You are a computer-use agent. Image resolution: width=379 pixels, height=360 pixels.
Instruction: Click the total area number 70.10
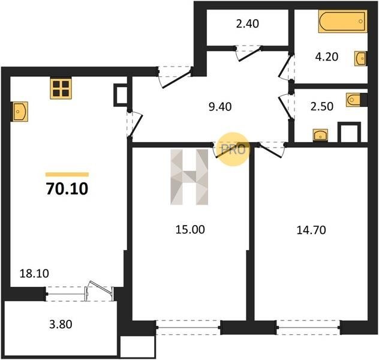click(x=67, y=189)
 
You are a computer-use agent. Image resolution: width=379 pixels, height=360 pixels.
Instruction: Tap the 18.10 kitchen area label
click(x=34, y=274)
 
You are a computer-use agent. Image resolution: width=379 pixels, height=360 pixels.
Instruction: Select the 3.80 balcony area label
click(x=61, y=324)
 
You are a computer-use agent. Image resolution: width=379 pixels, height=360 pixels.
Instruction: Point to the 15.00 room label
click(x=190, y=229)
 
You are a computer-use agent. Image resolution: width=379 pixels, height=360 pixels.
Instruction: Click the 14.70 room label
click(x=311, y=230)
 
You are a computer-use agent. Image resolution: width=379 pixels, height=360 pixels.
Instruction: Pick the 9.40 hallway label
click(x=220, y=107)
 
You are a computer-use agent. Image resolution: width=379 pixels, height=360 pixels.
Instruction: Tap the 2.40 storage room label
click(x=248, y=23)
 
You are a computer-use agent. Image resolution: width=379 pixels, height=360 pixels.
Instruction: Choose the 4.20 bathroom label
click(x=327, y=57)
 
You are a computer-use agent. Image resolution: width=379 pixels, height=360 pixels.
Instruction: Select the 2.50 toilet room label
click(x=322, y=106)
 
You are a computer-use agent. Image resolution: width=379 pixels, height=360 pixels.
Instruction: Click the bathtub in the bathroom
click(x=343, y=21)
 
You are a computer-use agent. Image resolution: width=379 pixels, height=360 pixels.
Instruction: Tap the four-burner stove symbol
click(x=61, y=88)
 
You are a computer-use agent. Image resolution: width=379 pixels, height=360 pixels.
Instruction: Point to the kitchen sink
click(x=20, y=112)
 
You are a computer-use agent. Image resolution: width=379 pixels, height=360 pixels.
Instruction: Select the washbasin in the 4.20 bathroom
click(x=360, y=58)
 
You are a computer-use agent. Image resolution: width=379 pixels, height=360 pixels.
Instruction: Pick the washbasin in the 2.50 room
click(x=320, y=135)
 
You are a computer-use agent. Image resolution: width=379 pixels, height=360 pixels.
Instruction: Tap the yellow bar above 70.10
click(x=67, y=175)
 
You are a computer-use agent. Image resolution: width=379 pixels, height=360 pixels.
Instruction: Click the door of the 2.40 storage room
click(x=249, y=53)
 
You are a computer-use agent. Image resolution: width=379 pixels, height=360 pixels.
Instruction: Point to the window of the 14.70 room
click(x=309, y=328)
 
